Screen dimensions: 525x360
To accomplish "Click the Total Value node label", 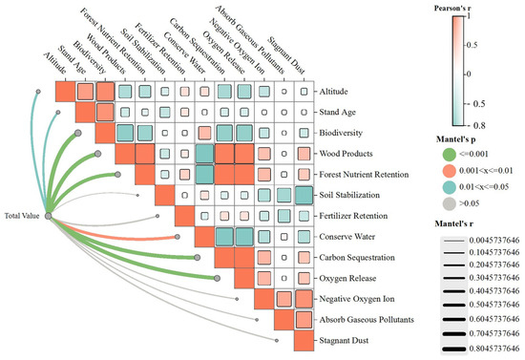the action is [x=22, y=216].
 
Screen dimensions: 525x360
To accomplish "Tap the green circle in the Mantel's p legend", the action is [x=449, y=155].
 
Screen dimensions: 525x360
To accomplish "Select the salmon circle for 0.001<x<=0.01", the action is [x=449, y=171].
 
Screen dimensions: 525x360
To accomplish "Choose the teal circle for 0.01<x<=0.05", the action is [x=449, y=187].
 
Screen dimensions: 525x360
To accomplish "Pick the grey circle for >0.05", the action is [x=449, y=203].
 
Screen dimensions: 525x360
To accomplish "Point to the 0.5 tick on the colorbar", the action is [x=472, y=45].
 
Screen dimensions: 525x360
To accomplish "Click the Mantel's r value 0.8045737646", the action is [x=494, y=349].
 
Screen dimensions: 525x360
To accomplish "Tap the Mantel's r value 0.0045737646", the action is [x=494, y=240].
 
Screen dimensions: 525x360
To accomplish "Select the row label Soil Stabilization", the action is [x=349, y=195].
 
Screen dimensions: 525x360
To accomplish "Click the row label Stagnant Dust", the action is [x=344, y=341].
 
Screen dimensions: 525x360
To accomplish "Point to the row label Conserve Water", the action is [x=346, y=237].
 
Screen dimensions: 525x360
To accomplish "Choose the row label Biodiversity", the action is [x=341, y=133].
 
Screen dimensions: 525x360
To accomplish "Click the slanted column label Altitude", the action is [x=55, y=63].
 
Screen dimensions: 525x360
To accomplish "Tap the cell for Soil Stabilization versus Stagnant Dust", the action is [x=304, y=195].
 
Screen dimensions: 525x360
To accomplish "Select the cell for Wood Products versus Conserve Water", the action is [x=204, y=154].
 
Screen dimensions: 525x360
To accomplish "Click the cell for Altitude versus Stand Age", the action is [x=85, y=92].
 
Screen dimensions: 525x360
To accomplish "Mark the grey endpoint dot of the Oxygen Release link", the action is [x=217, y=278].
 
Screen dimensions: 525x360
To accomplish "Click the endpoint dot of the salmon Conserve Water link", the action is [x=178, y=237].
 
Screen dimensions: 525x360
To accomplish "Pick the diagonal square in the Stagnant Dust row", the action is [x=304, y=341].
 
